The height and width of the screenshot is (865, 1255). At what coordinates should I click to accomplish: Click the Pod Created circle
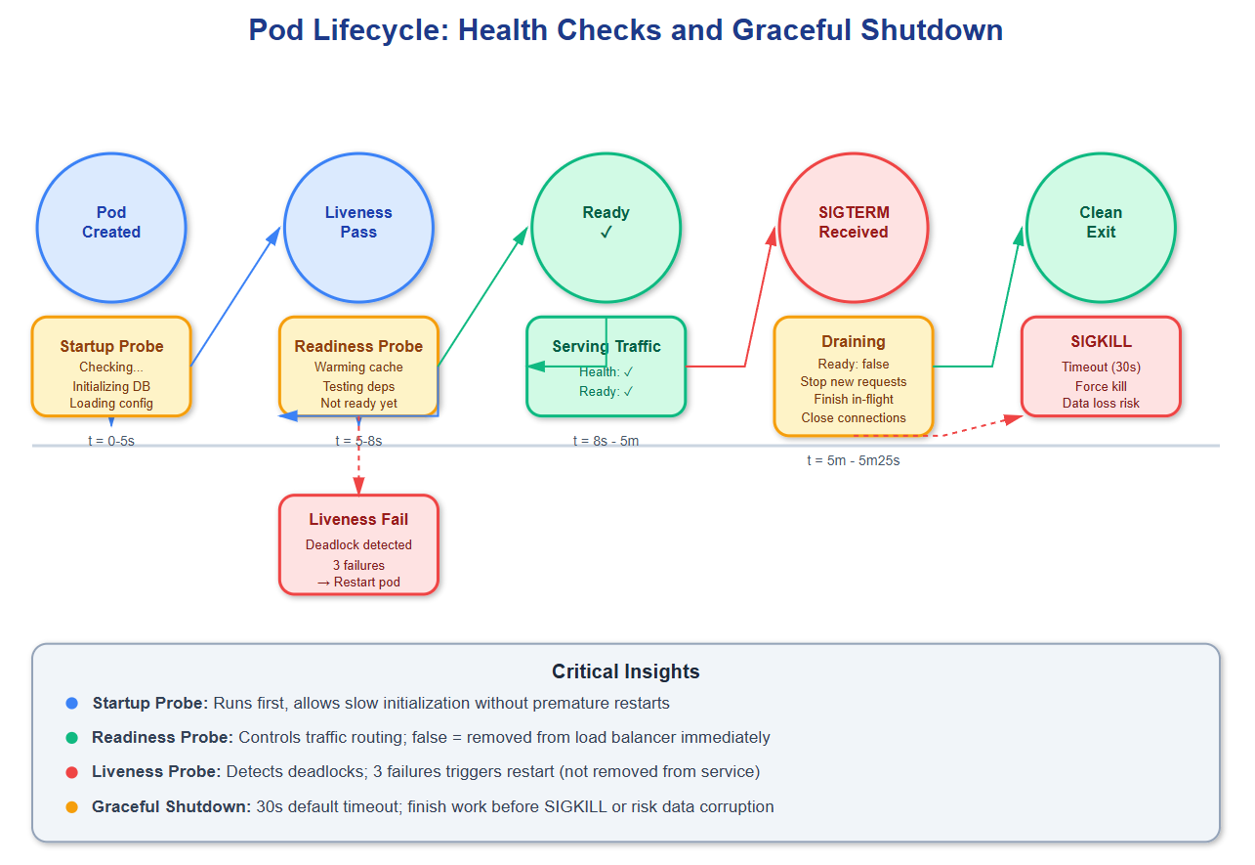(x=111, y=228)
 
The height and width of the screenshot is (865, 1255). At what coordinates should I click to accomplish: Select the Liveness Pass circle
(x=358, y=228)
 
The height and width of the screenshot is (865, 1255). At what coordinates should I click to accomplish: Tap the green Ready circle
(x=606, y=228)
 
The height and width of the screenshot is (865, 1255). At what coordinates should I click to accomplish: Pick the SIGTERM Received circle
(x=854, y=228)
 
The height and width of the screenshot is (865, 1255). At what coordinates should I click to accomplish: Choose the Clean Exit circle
(x=1101, y=228)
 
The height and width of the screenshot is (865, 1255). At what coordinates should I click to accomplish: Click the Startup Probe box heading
(x=111, y=346)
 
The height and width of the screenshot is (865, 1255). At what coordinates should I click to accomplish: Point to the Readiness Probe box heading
(x=358, y=346)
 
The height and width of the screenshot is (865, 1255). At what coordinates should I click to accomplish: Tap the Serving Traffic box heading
(x=606, y=346)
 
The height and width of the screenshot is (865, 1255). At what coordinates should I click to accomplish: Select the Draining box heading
(x=854, y=341)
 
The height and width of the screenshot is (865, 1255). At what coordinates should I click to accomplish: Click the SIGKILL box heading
(x=1101, y=341)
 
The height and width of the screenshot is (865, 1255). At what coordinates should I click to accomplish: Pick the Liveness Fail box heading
(x=358, y=519)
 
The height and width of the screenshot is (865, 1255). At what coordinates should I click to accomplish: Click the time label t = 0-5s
(x=111, y=441)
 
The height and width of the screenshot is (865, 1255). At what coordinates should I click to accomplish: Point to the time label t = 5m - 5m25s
(x=854, y=460)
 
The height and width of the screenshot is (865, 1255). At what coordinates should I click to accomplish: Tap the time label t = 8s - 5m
(x=606, y=441)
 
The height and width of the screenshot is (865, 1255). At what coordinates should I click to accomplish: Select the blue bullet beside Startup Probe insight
(x=71, y=703)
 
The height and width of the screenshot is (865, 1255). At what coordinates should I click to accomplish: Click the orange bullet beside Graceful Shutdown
(x=71, y=806)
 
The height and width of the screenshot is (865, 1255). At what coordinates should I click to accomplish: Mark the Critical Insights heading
(x=626, y=671)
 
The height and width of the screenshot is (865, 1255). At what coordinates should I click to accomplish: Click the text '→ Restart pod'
(x=358, y=582)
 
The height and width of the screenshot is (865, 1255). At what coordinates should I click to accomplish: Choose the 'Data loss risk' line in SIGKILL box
(x=1101, y=403)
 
